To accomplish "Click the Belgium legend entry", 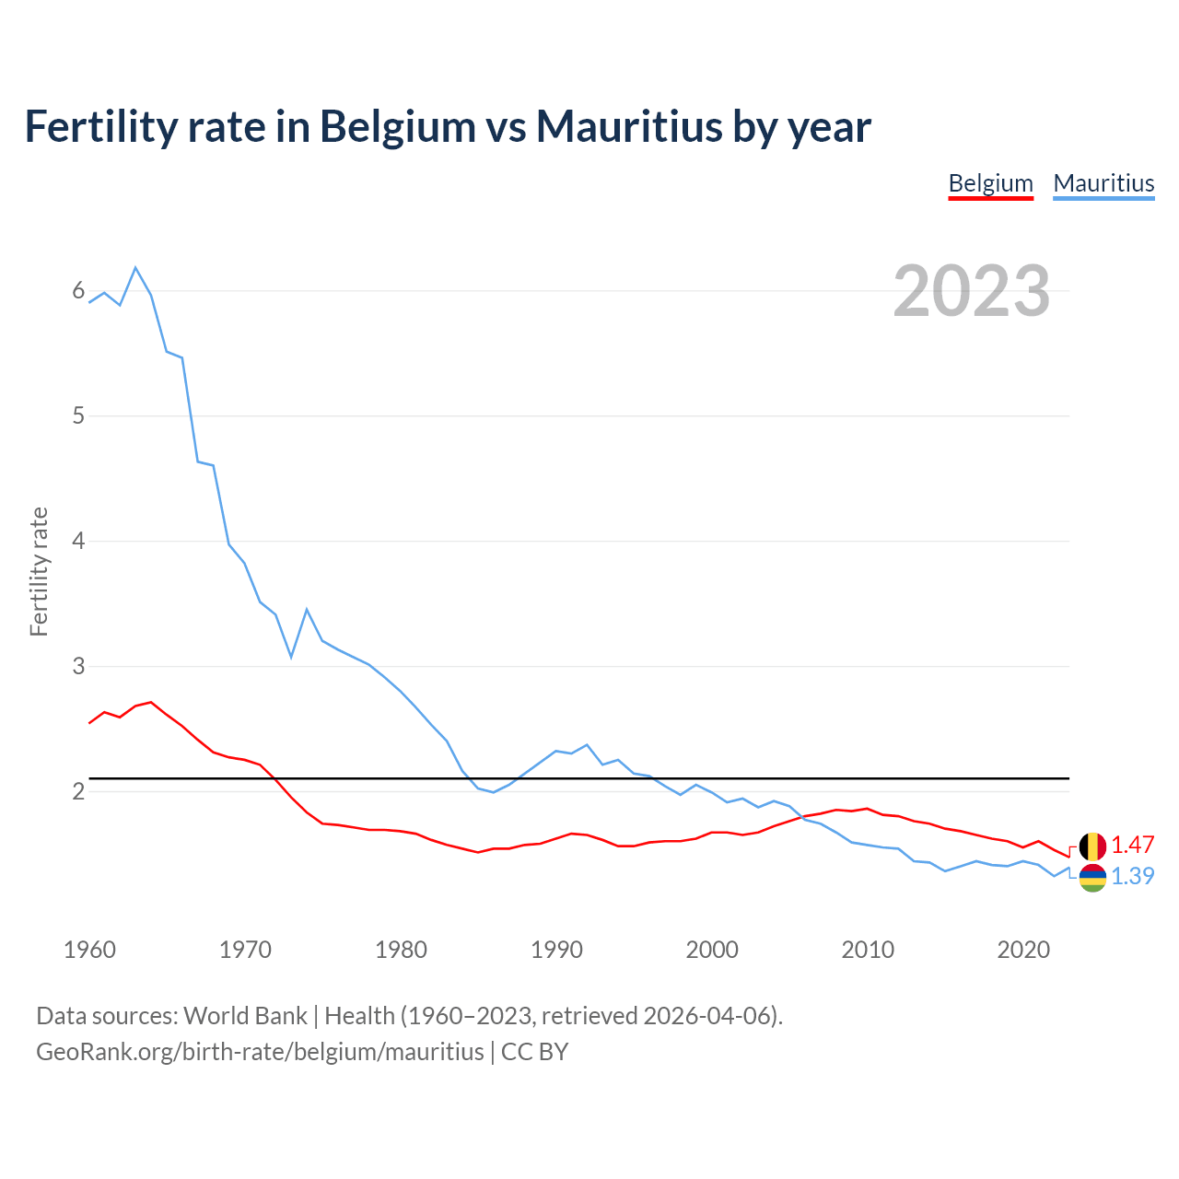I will pyautogui.click(x=990, y=183).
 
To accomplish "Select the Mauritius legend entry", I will pyautogui.click(x=1103, y=183).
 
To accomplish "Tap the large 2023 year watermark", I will pyautogui.click(x=971, y=291).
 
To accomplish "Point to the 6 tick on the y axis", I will pyautogui.click(x=78, y=291).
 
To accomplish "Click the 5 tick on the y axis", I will pyautogui.click(x=78, y=415).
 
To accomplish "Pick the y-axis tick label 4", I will pyautogui.click(x=78, y=541).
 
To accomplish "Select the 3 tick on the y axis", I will pyautogui.click(x=78, y=666).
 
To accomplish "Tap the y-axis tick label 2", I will pyautogui.click(x=78, y=791).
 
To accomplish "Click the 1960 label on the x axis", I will pyautogui.click(x=89, y=950).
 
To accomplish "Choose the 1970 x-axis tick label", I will pyautogui.click(x=245, y=950).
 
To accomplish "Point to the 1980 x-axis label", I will pyautogui.click(x=401, y=950).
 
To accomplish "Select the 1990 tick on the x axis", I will pyautogui.click(x=556, y=950).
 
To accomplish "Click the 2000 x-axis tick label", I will pyautogui.click(x=712, y=950).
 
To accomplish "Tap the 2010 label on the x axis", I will pyautogui.click(x=868, y=950).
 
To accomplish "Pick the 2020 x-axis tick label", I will pyautogui.click(x=1023, y=950).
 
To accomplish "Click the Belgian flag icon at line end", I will pyautogui.click(x=1092, y=846).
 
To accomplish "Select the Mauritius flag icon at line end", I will pyautogui.click(x=1092, y=878).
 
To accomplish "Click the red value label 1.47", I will pyautogui.click(x=1132, y=845).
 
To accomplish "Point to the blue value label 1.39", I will pyautogui.click(x=1132, y=876).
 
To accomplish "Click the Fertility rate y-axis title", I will pyautogui.click(x=39, y=571).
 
